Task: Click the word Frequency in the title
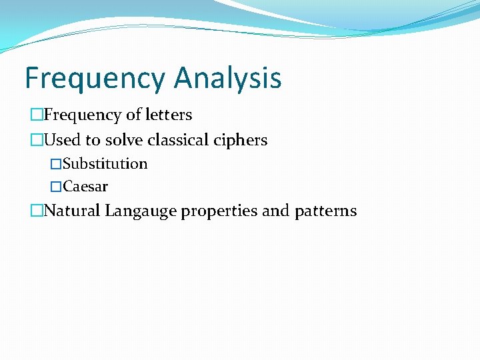[96, 78]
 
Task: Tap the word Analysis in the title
[227, 78]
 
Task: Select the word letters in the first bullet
[169, 115]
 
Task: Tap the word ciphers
[241, 140]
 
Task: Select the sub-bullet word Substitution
[105, 164]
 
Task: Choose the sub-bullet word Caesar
[85, 187]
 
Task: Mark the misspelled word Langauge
[140, 211]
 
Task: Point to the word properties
[219, 211]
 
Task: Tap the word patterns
[324, 211]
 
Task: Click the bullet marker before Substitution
[57, 164]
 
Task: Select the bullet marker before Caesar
[57, 187]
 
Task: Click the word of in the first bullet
[134, 115]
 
